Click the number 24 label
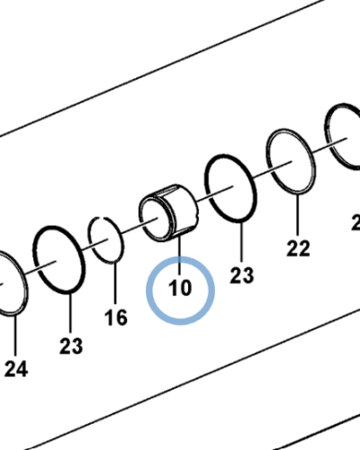point(16,369)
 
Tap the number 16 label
point(116,318)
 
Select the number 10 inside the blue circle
point(180,288)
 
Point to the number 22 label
point(298,248)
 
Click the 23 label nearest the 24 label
point(71,346)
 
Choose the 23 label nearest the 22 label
point(242,274)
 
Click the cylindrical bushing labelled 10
point(169,212)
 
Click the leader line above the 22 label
point(298,215)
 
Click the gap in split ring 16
point(102,217)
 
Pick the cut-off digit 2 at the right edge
point(356,222)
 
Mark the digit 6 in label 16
point(121,318)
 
